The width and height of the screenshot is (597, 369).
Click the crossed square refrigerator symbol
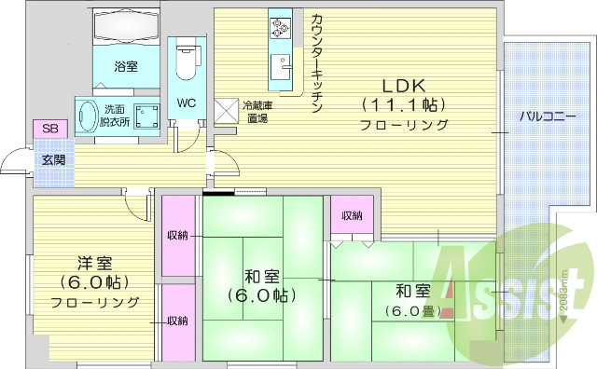227,110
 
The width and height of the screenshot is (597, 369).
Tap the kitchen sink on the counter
279,69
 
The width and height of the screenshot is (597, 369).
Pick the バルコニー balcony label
548,117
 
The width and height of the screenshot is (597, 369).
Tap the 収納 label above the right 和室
352,215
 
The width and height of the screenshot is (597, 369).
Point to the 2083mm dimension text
564,294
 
